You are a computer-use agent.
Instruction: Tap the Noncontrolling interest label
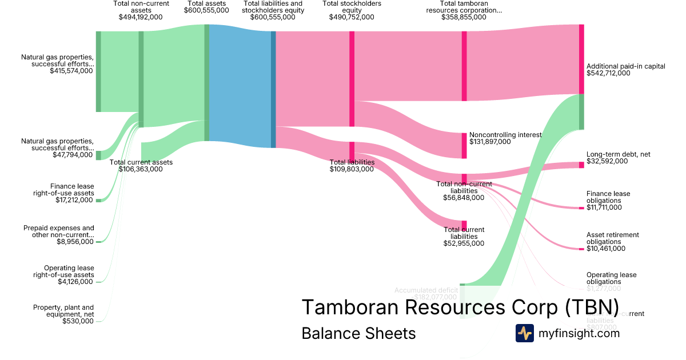click(505, 135)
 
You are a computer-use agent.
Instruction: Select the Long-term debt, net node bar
click(581, 165)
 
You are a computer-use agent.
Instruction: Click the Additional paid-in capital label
click(625, 66)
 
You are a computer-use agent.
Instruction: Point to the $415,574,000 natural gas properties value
click(71, 71)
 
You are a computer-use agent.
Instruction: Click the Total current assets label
click(141, 162)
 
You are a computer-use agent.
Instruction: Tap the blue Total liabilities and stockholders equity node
click(273, 89)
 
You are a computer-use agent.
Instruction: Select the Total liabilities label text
click(352, 162)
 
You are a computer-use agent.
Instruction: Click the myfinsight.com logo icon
click(524, 333)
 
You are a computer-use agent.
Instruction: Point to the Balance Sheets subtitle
click(358, 333)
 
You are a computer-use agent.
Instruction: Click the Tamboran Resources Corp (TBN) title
click(460, 307)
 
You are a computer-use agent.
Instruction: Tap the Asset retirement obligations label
click(612, 238)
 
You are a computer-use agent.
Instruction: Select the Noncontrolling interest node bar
click(464, 145)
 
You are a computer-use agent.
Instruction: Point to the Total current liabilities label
click(464, 233)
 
